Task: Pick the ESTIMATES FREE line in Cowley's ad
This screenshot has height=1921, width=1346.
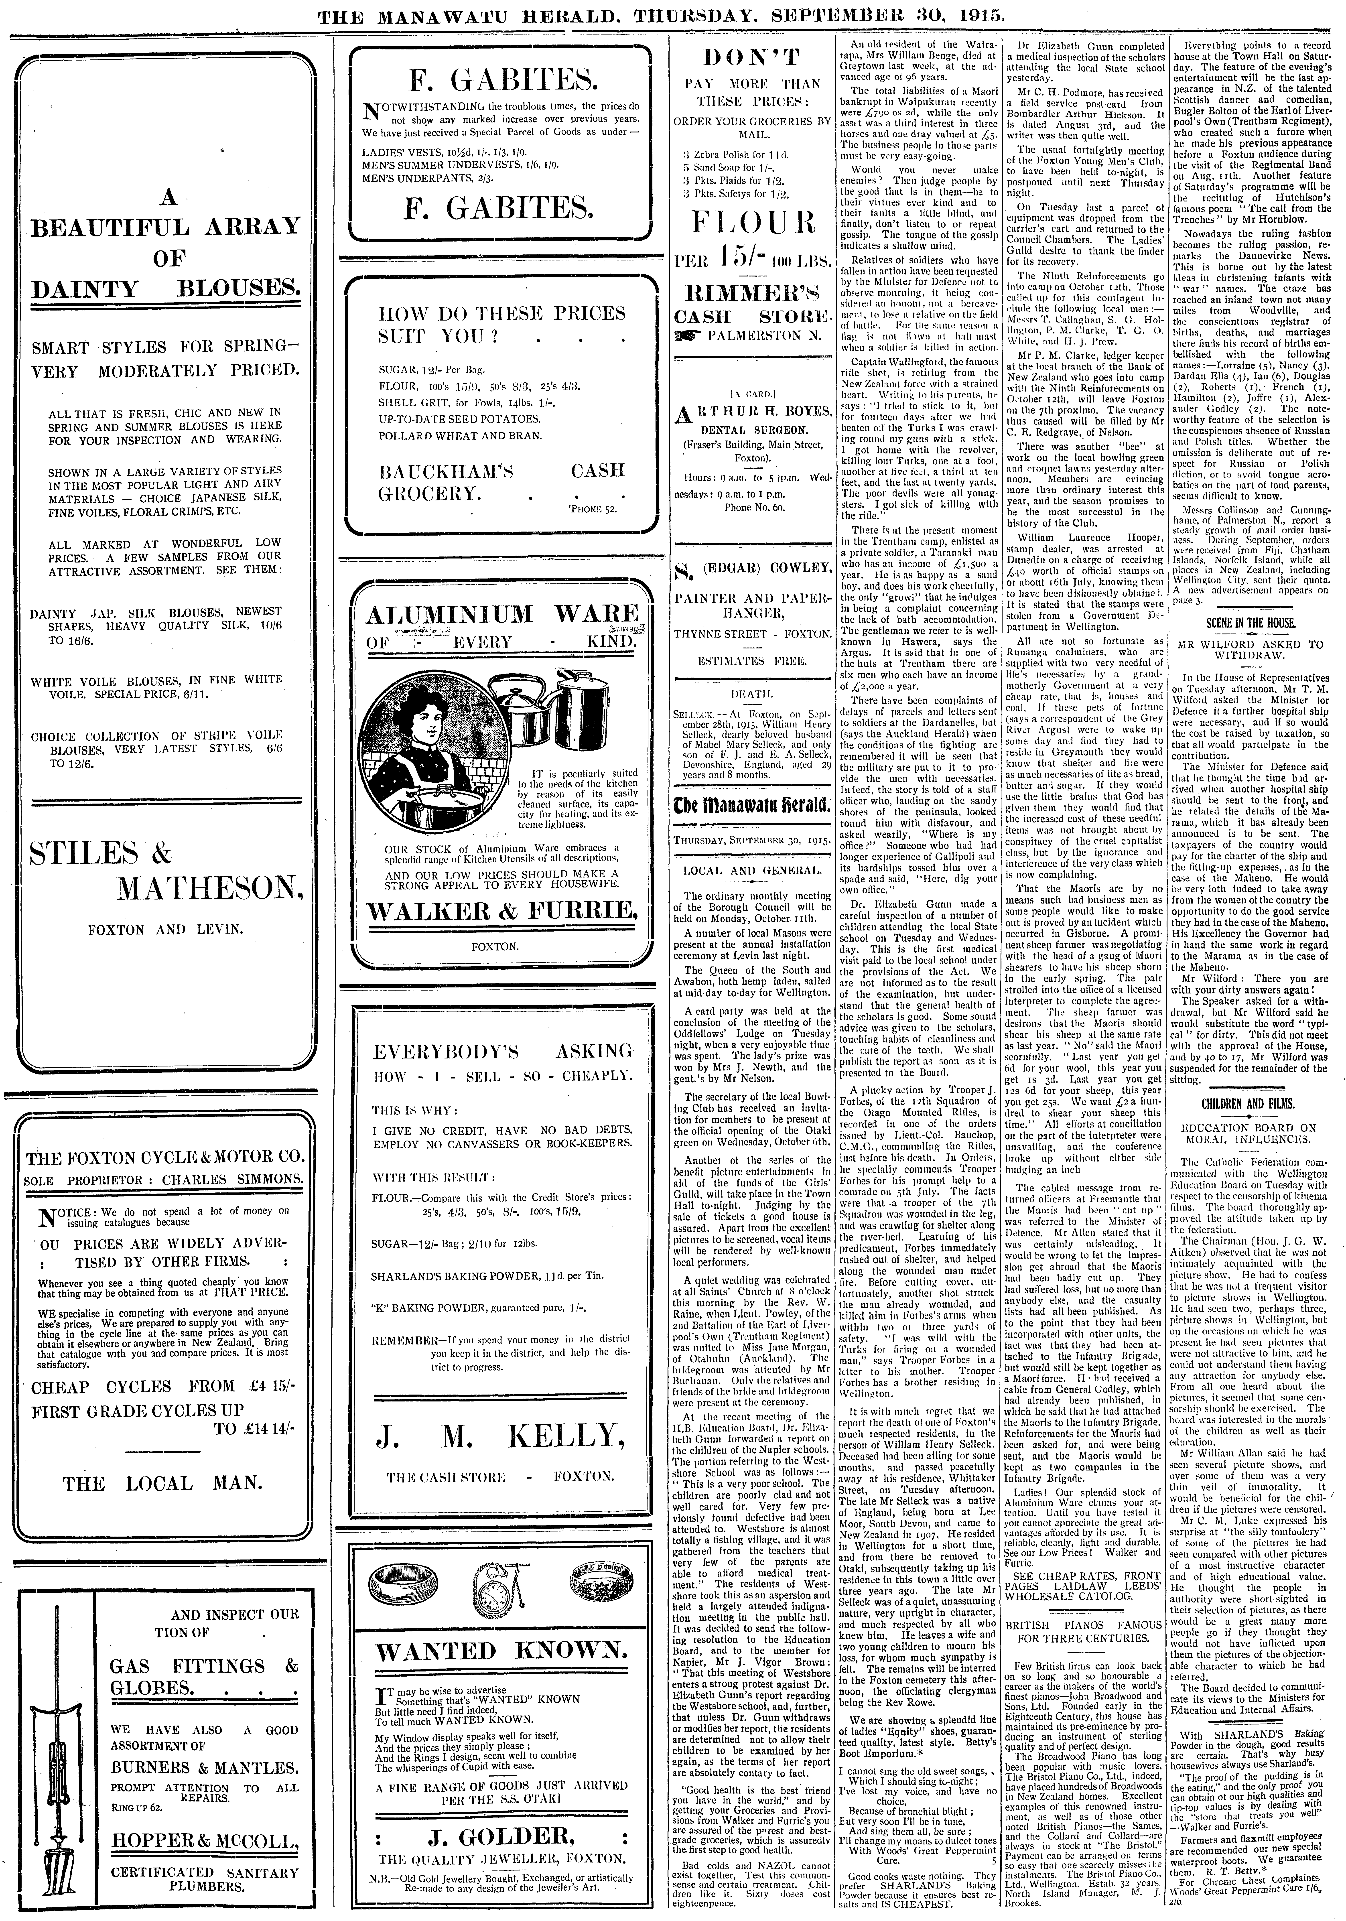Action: coord(751,661)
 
